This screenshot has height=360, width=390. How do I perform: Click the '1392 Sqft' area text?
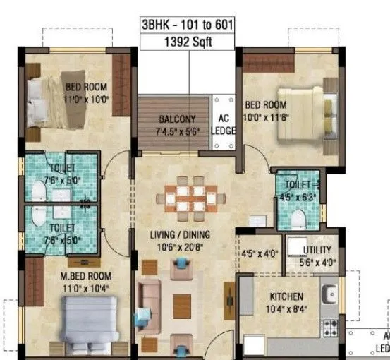coord(187,42)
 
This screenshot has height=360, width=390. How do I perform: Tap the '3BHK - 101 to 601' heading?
coord(187,26)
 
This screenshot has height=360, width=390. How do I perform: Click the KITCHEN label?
coord(286,297)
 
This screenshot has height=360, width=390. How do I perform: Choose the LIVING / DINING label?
coord(184,234)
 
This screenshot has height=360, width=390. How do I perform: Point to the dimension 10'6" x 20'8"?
coord(184,246)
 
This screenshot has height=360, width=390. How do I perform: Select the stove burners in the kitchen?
coord(329,327)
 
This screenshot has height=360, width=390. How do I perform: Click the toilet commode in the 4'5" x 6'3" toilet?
coord(299,220)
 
